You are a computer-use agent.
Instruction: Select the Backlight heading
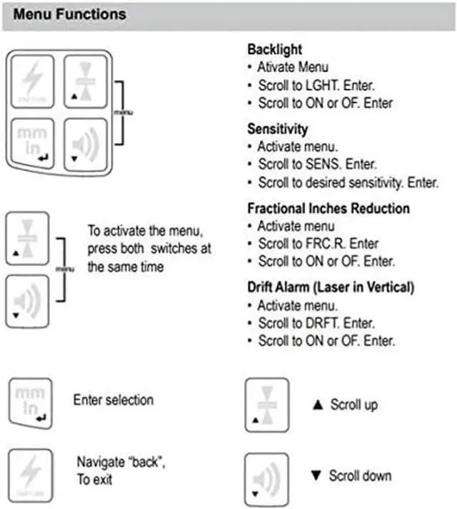click(x=275, y=50)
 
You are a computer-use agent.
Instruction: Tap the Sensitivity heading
click(x=278, y=129)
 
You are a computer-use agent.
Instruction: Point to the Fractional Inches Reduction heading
click(x=328, y=209)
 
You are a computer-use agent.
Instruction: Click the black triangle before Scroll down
click(x=318, y=475)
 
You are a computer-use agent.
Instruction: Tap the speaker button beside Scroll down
click(x=266, y=475)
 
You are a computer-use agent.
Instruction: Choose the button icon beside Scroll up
click(x=266, y=404)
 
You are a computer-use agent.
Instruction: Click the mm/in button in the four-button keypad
click(x=31, y=140)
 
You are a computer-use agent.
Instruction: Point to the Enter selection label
click(x=114, y=400)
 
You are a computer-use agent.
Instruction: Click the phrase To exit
click(x=95, y=479)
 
